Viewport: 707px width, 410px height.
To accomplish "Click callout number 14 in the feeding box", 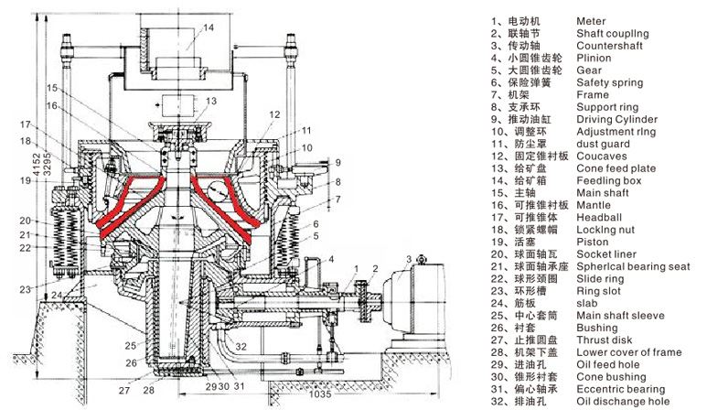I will tap(209, 27).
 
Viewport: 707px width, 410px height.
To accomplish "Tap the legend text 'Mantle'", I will tap(595, 206).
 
